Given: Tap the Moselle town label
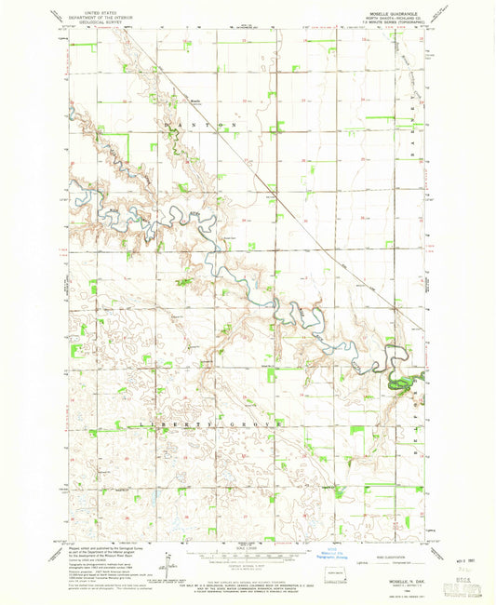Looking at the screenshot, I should click(x=195, y=101).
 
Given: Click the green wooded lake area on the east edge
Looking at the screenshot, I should click(x=401, y=382).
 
